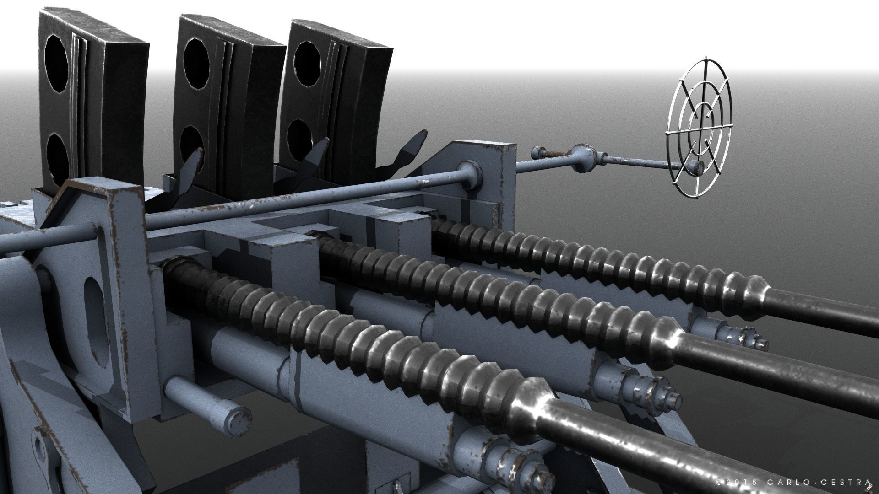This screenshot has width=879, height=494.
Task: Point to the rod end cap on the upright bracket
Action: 469,174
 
